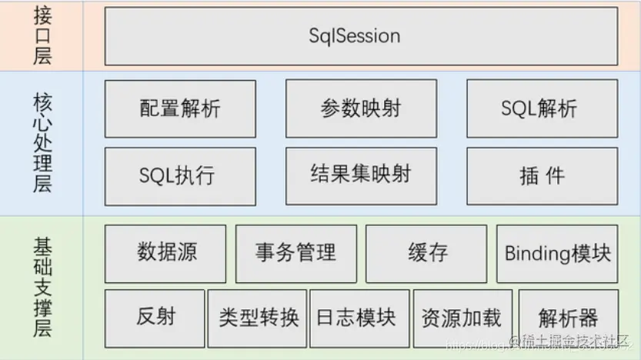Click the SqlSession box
361,36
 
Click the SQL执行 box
180,176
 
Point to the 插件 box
542,176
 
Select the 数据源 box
165,253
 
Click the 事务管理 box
296,253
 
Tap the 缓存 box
426,253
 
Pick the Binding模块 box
557,253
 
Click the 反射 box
155,318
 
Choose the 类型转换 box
257,318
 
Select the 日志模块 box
359,318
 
